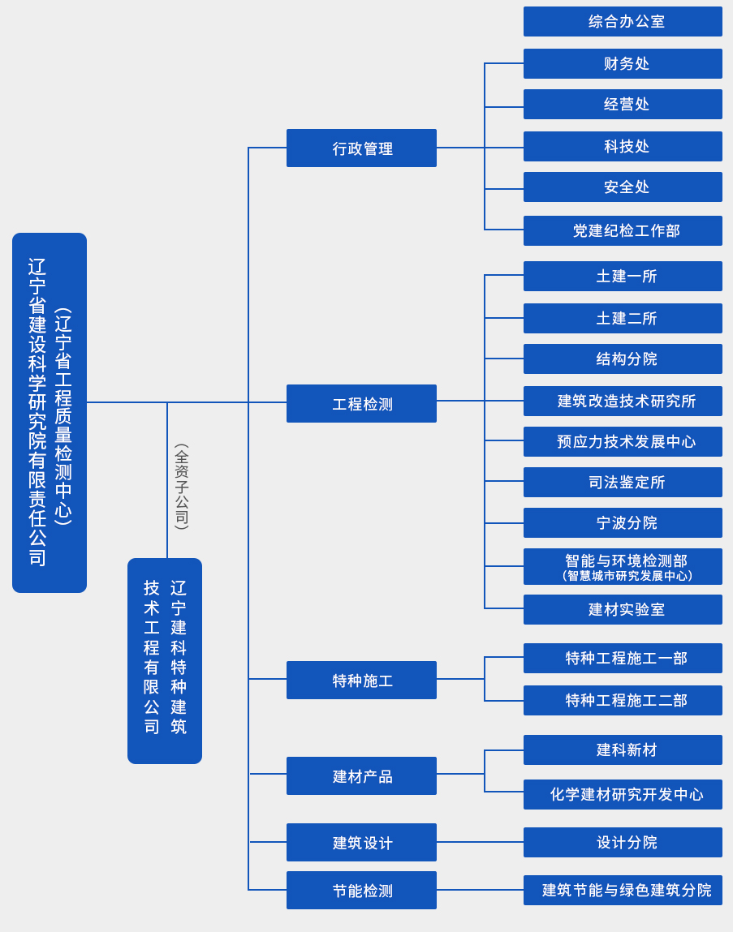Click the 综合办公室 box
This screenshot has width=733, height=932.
(x=623, y=22)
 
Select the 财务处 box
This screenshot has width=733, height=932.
(x=623, y=64)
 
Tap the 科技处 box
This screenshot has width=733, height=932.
(x=623, y=147)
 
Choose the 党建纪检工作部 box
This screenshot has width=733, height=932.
(x=623, y=231)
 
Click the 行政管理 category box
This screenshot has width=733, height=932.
(x=361, y=148)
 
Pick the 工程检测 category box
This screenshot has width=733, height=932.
(x=361, y=404)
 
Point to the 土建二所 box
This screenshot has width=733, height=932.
(x=623, y=319)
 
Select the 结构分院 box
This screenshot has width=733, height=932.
(x=623, y=359)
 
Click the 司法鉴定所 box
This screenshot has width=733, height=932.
(x=623, y=483)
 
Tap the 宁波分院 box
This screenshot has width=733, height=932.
(x=623, y=523)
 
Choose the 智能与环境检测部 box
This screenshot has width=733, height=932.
(x=623, y=567)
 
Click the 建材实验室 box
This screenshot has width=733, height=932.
(x=623, y=610)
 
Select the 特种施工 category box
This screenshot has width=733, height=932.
(x=361, y=681)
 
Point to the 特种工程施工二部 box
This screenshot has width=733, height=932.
(x=623, y=701)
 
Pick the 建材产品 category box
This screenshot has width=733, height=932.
(x=361, y=776)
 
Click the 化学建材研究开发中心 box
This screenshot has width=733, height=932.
(x=623, y=795)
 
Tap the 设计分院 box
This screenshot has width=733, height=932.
(x=623, y=843)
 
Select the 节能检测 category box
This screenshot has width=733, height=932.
(x=361, y=891)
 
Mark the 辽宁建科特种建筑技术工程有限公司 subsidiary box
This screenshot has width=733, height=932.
(x=165, y=661)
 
